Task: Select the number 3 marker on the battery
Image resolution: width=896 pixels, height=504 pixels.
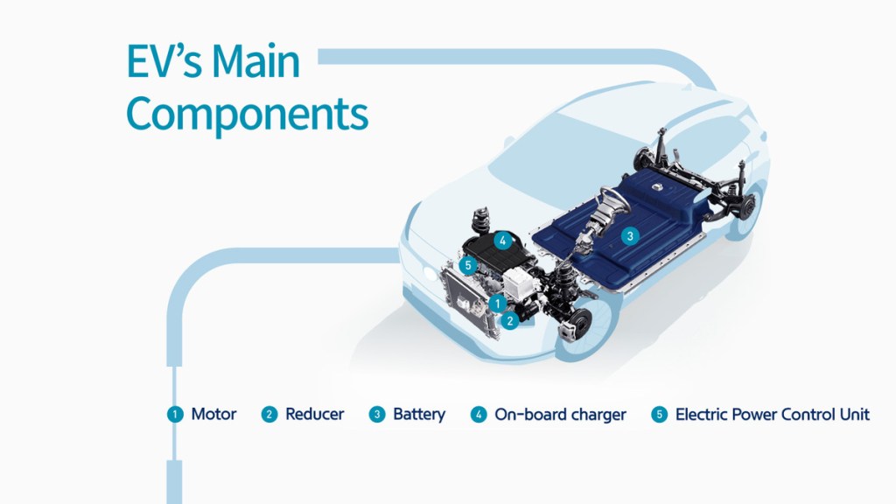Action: [628, 235]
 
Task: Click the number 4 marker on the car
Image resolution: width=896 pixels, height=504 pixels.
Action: [502, 238]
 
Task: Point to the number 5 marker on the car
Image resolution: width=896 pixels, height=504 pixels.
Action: [470, 264]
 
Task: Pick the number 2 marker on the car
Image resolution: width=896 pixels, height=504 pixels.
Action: [510, 320]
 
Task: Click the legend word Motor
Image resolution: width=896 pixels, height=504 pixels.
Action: [213, 414]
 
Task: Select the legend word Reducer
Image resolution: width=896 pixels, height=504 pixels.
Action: [314, 414]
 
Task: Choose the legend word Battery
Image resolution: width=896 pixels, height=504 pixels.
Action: [419, 414]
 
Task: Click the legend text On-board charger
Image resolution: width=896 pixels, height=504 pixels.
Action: [560, 414]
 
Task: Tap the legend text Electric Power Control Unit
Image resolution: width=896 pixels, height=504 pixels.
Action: [772, 414]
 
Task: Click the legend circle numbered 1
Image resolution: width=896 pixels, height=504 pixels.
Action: [176, 415]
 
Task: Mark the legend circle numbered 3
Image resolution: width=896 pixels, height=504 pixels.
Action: [377, 415]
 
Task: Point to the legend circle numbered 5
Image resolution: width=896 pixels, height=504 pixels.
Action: [660, 415]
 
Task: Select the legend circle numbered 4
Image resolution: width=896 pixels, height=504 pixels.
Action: [479, 415]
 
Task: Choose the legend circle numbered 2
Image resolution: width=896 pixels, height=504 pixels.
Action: [269, 415]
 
